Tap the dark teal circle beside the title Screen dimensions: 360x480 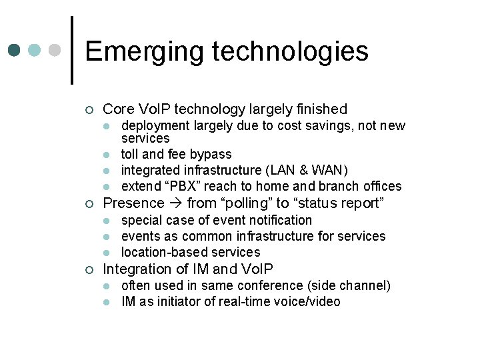(14, 51)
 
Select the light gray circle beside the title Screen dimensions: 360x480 (56, 51)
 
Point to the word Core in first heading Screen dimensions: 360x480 (118, 109)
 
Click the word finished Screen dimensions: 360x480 (323, 109)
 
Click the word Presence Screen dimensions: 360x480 (133, 203)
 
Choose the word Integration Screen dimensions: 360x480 (139, 269)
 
